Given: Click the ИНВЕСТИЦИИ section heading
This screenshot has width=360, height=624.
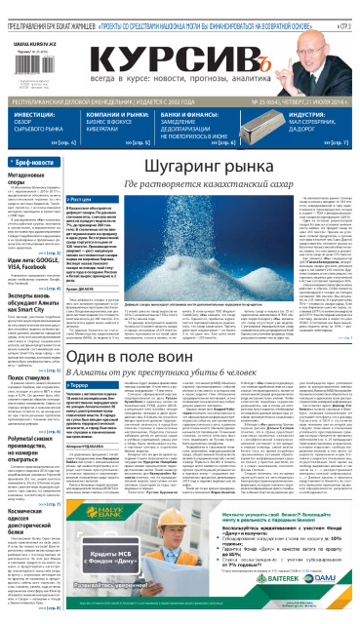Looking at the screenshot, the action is [x=34, y=114].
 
